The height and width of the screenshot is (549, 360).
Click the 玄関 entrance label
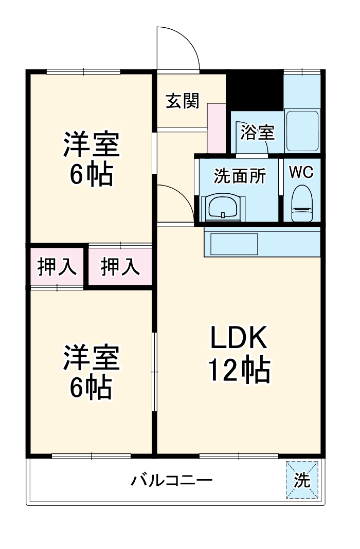(182, 101)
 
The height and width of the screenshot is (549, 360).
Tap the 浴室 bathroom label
(258, 132)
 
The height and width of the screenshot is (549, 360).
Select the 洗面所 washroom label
(240, 176)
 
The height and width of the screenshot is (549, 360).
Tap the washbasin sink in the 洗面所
(222, 208)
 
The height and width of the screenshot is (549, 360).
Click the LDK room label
(238, 339)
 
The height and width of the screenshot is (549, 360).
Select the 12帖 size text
(239, 369)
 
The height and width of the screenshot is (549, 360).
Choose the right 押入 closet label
(120, 267)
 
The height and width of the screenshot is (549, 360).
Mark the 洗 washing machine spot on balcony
(302, 480)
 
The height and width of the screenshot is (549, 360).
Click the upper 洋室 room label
(92, 144)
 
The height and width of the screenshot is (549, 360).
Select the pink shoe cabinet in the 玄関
(216, 127)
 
